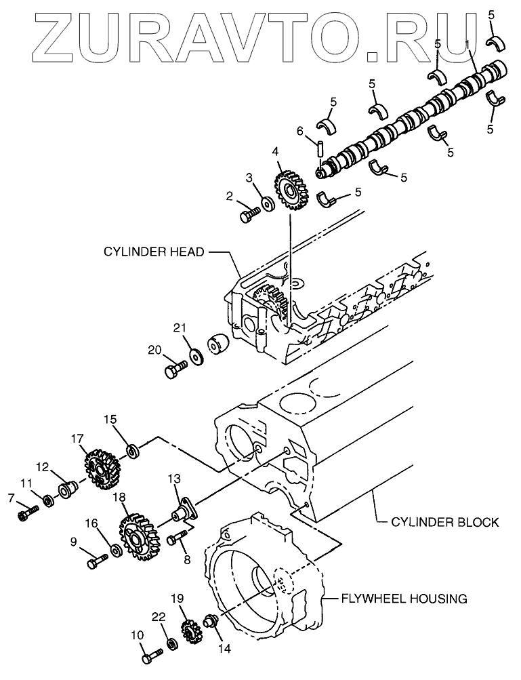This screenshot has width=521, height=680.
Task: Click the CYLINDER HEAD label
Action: click(x=153, y=252)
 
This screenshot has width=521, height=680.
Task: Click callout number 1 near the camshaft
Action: click(x=467, y=45)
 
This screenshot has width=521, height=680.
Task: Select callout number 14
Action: click(x=224, y=648)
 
